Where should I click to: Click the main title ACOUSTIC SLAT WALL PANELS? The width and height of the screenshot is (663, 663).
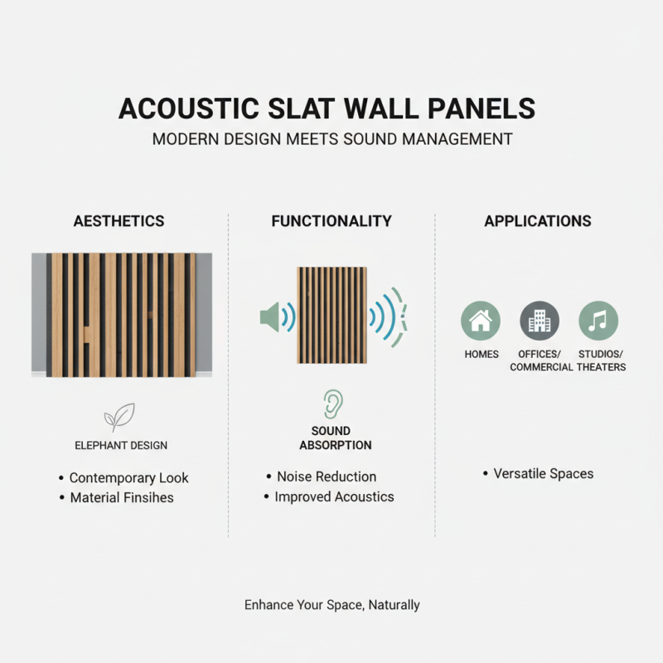coord(331,109)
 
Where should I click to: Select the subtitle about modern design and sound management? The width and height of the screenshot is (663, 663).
coord(331,138)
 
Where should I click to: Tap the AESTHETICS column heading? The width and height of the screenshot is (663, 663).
coord(119,221)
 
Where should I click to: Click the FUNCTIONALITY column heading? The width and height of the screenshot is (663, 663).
coord(331,221)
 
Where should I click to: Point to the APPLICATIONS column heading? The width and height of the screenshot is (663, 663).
coord(538,221)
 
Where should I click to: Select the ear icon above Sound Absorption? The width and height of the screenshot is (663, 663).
coord(331,404)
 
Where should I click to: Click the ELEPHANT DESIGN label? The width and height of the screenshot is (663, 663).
coord(121,446)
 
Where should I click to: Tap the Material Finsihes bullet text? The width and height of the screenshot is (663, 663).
coord(122,498)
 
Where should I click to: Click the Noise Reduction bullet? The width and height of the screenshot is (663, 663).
coord(327,477)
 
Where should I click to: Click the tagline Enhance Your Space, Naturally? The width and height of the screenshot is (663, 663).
coord(331,605)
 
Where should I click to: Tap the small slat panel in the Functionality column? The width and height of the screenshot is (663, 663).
coord(331,315)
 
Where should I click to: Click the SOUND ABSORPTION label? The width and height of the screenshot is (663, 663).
coord(331,438)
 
